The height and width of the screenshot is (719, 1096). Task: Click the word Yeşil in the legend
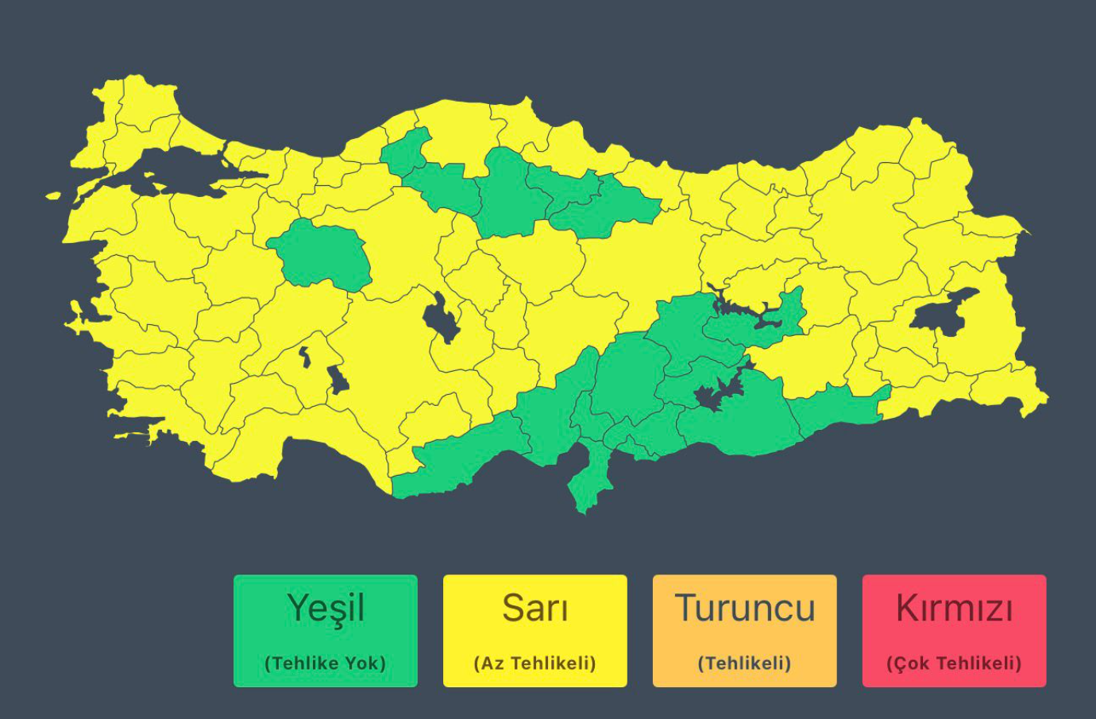pos(326,609)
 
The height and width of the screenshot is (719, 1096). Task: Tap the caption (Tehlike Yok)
pos(326,663)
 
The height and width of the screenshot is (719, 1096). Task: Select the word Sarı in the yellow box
pos(534,609)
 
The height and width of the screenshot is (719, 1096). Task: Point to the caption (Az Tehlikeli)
pos(534,663)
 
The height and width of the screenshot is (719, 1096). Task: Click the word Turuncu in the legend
pos(744,609)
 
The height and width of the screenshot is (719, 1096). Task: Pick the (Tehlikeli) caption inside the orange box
pos(744,663)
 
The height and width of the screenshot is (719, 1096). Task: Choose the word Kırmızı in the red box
pos(954,609)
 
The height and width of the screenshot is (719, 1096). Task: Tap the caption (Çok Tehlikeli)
pos(954,663)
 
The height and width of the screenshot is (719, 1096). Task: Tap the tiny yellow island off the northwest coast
pos(53,195)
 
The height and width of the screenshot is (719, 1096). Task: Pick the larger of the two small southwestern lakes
pos(338,380)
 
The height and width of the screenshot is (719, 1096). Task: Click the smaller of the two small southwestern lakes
pos(305,357)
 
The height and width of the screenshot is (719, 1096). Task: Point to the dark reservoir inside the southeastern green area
pos(715,394)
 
